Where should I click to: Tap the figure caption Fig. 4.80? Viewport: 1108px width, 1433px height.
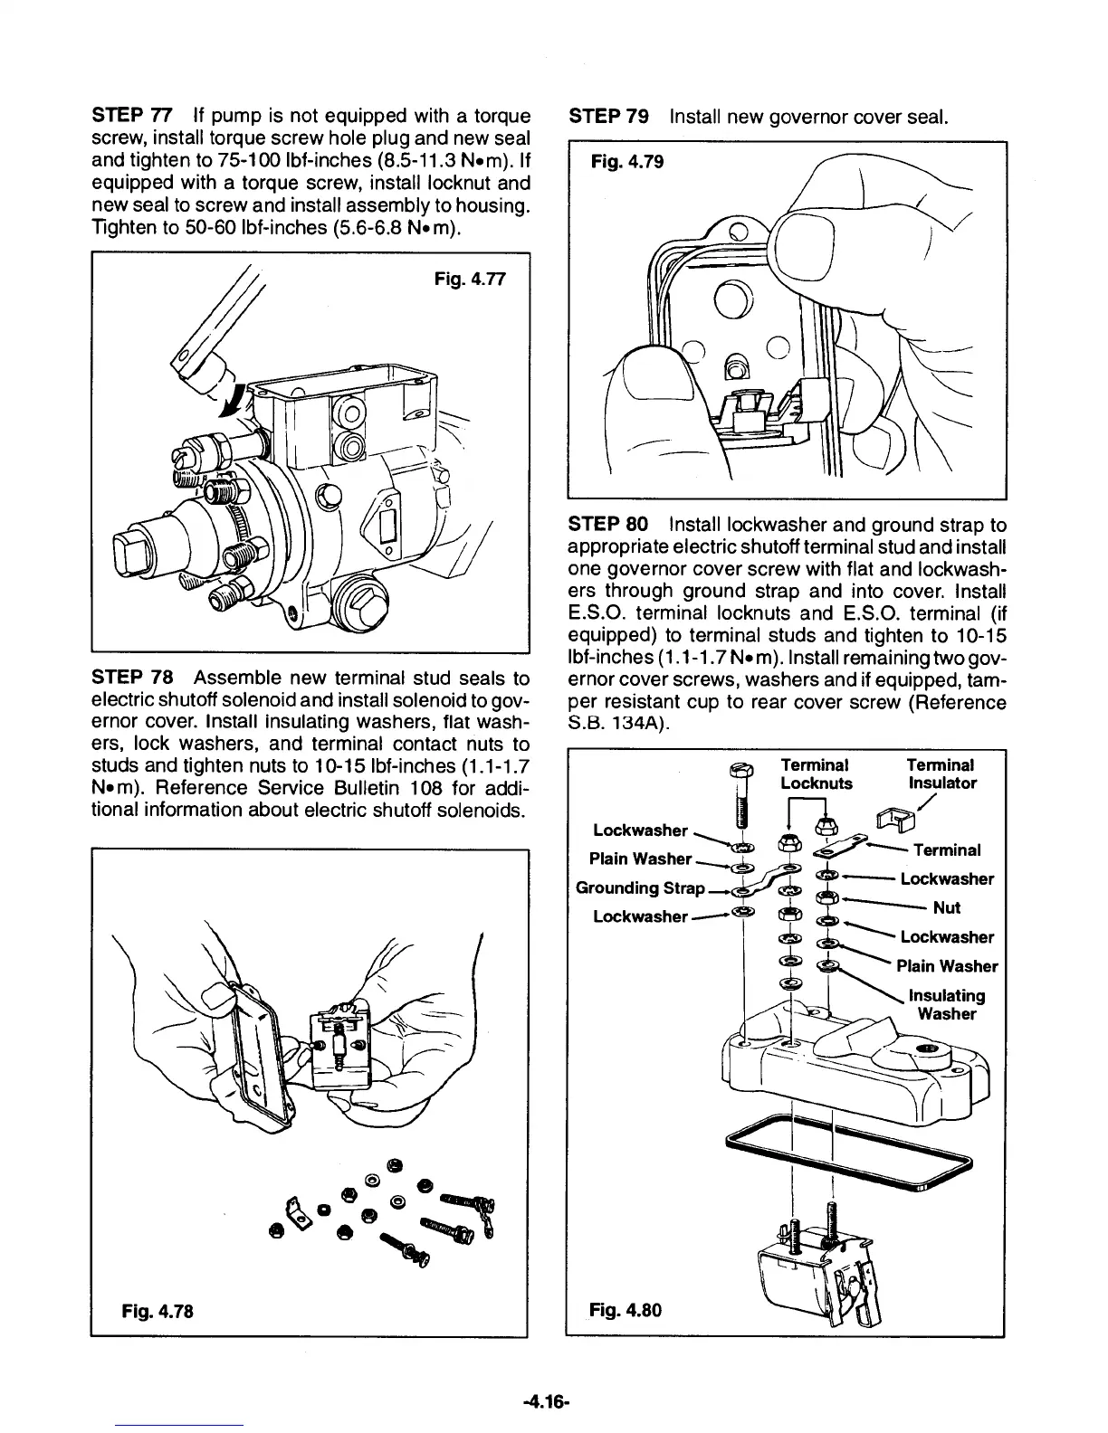[x=626, y=1309]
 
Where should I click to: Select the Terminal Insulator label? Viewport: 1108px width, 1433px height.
[x=941, y=774]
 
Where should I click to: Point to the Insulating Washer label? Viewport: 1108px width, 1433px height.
[x=946, y=1004]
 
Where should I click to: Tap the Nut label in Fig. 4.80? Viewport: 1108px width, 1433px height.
[x=946, y=907]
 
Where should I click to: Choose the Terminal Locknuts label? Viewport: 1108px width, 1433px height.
[x=816, y=774]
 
